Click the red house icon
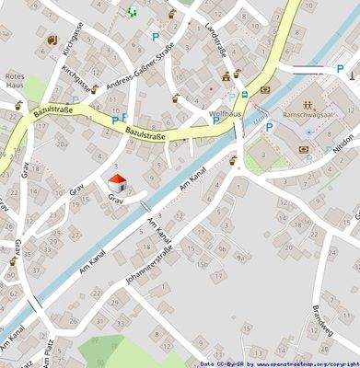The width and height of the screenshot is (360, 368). tap(118, 181)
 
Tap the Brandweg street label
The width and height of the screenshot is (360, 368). tap(321, 316)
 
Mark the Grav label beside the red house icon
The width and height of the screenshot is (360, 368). tap(115, 199)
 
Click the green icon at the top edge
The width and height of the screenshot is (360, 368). tap(132, 12)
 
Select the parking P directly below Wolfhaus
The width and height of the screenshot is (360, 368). tap(215, 120)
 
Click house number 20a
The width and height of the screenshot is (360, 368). tap(63, 144)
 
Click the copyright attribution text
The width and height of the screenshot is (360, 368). tap(279, 363)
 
